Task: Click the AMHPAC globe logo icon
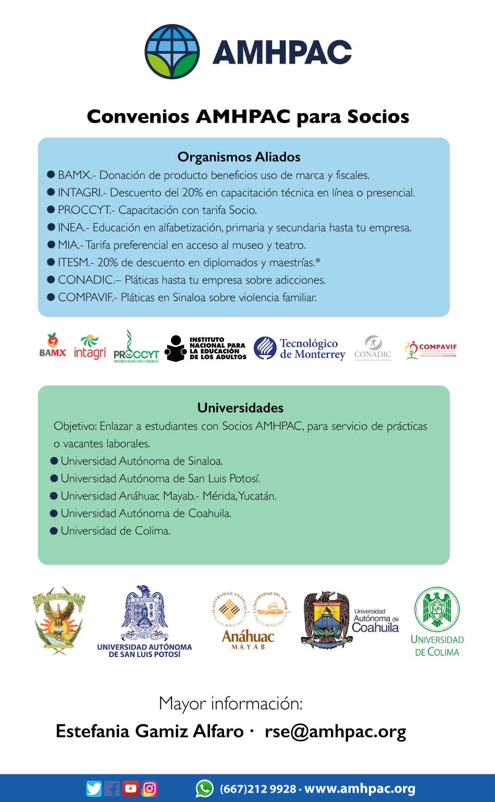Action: point(172,52)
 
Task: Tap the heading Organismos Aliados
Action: point(239,157)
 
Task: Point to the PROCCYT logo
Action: point(135,347)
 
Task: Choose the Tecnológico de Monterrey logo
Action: point(300,348)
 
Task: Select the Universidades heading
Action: point(240,408)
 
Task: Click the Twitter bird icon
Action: point(94,788)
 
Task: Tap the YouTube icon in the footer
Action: point(130,788)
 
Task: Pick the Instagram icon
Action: point(150,788)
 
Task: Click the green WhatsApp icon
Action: point(204,788)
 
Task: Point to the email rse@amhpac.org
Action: point(335,731)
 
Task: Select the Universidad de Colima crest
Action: point(437,610)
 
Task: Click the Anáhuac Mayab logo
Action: point(249,621)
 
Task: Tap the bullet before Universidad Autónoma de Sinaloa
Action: point(54,461)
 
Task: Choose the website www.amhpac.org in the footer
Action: point(360,789)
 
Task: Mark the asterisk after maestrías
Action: point(318,261)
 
